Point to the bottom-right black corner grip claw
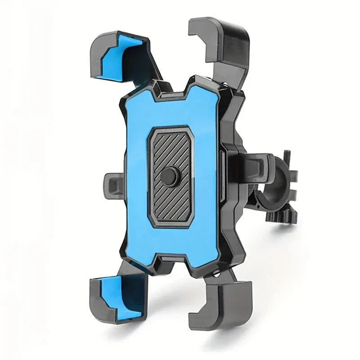[225, 306]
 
